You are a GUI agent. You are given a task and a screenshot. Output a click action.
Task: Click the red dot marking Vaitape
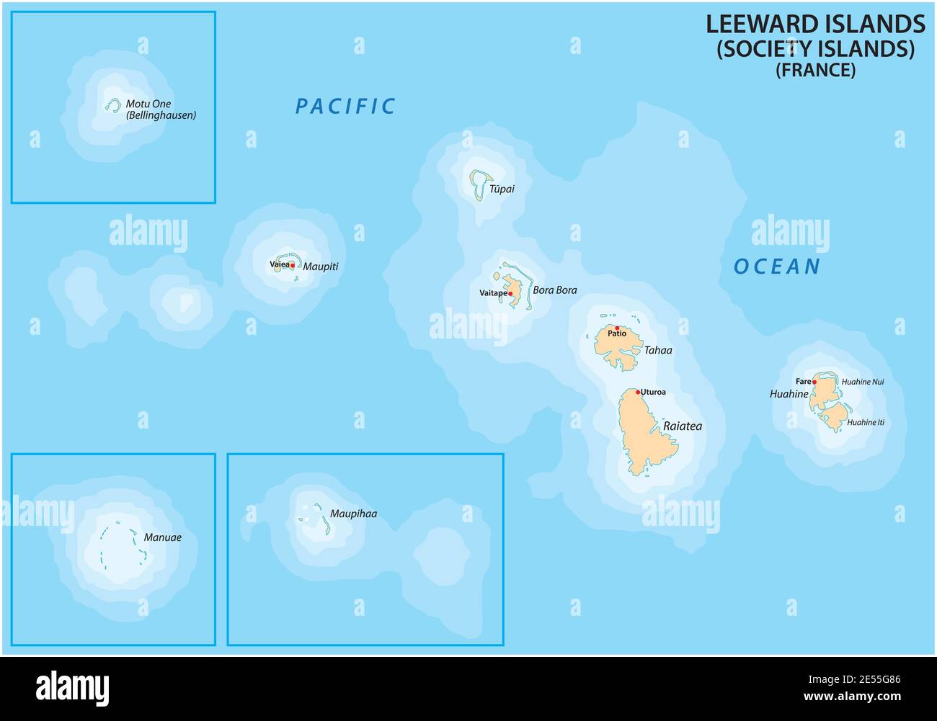coord(510,294)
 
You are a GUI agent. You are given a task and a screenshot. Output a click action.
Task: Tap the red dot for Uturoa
coord(638,393)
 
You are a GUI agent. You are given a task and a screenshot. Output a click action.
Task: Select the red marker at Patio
coord(617,328)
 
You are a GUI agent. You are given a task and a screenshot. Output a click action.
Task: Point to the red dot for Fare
coord(814,382)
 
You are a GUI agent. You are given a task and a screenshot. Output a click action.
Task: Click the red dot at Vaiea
coord(292,265)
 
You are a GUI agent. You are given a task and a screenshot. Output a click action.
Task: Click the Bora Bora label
coord(554,290)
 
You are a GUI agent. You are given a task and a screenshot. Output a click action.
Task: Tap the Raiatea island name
coord(682,426)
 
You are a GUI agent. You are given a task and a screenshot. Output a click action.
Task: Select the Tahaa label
coord(657,350)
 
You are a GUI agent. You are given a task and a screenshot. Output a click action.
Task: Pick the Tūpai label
coord(502,189)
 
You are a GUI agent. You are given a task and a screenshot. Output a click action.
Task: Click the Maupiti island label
coord(320,267)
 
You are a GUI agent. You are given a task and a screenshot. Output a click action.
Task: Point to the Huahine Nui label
coord(862,382)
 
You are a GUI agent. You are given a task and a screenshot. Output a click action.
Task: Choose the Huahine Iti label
coord(865,423)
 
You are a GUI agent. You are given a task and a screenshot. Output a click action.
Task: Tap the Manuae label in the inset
coord(162,537)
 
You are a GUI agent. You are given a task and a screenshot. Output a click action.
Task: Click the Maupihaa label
coord(353,514)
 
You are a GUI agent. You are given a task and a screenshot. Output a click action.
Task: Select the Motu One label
coord(148,104)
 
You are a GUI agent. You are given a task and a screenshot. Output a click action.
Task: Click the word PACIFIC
coord(345,107)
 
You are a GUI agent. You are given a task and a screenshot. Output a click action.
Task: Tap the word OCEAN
coord(777,267)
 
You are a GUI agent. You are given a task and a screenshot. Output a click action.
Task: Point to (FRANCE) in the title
coord(815,70)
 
